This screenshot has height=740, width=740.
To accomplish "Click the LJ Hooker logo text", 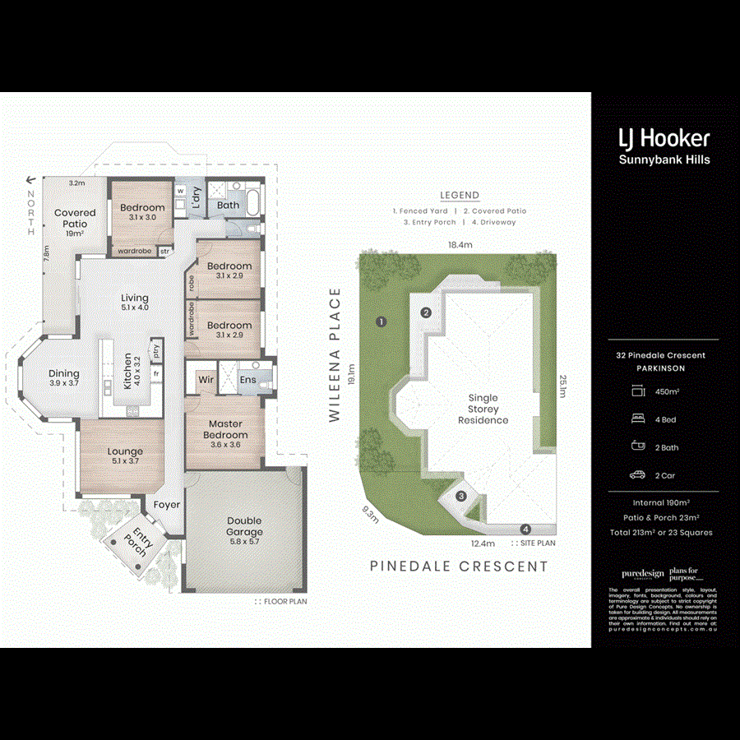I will click(664, 139).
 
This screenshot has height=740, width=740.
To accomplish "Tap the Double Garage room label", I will click(244, 526).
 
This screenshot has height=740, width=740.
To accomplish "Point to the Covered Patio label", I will click(75, 218).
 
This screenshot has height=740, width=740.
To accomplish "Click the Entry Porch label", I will click(139, 543).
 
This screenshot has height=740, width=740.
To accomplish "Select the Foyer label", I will click(167, 505).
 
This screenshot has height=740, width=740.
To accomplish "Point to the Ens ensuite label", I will click(247, 380).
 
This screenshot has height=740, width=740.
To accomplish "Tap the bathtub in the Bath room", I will click(252, 201).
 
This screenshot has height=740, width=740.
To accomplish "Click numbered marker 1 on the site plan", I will click(382, 321).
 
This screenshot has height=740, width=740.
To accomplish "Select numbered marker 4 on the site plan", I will click(525, 529).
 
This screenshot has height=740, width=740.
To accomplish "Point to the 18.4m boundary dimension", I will click(460, 245).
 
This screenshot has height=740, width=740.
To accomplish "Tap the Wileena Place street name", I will click(335, 355).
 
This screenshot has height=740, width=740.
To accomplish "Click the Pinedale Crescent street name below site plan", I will click(459, 567).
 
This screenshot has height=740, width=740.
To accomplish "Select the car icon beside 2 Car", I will click(637, 475).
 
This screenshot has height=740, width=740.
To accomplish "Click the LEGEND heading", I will click(460, 196).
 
